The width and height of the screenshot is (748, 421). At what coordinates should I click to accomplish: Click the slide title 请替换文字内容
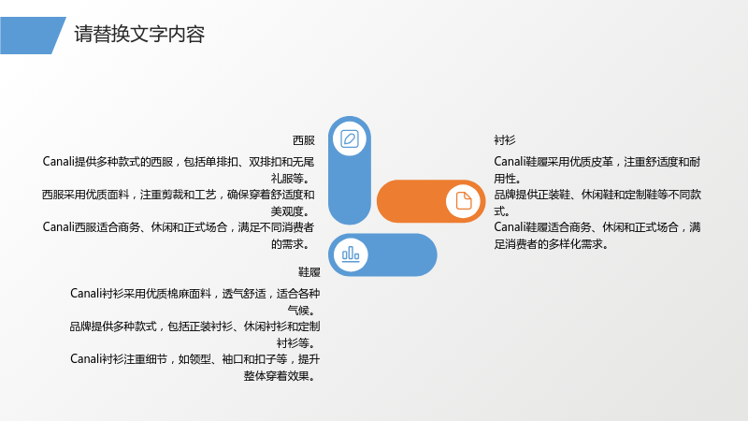139,35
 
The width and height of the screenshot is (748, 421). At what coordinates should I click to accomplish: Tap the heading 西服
303,140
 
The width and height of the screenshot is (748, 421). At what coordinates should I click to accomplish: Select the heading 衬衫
505,140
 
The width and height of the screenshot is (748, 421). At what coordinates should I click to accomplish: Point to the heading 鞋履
309,272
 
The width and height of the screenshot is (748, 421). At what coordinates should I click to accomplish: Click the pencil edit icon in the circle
350,138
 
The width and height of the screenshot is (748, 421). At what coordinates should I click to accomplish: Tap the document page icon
463,201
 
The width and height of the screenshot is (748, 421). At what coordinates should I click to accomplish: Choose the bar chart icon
351,254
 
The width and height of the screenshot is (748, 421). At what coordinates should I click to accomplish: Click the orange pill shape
431,201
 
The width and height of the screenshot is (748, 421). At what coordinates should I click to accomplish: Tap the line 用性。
507,179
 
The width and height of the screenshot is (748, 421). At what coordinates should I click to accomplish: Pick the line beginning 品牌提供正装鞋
597,195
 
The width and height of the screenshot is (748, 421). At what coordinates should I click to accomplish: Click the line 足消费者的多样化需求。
552,244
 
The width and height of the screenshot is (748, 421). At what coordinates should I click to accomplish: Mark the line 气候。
303,311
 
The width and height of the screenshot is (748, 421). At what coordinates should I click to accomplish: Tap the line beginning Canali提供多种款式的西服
179,162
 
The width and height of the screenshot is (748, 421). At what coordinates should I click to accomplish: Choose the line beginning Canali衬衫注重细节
194,359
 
